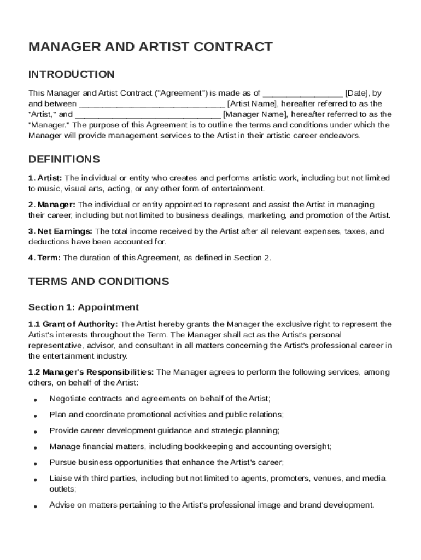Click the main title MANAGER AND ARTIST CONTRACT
pyautogui.click(x=150, y=47)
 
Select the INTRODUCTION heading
pyautogui.click(x=71, y=74)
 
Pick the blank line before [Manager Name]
pyautogui.click(x=148, y=115)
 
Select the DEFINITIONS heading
pyautogui.click(x=64, y=160)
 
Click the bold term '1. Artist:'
pyautogui.click(x=45, y=178)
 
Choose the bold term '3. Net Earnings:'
pyautogui.click(x=61, y=231)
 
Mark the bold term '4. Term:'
pyautogui.click(x=45, y=258)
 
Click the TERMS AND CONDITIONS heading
pyautogui.click(x=98, y=282)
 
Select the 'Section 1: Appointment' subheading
pyautogui.click(x=84, y=307)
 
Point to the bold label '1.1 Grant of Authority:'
pyautogui.click(x=73, y=324)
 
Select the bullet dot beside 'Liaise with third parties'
pyautogui.click(x=34, y=480)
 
